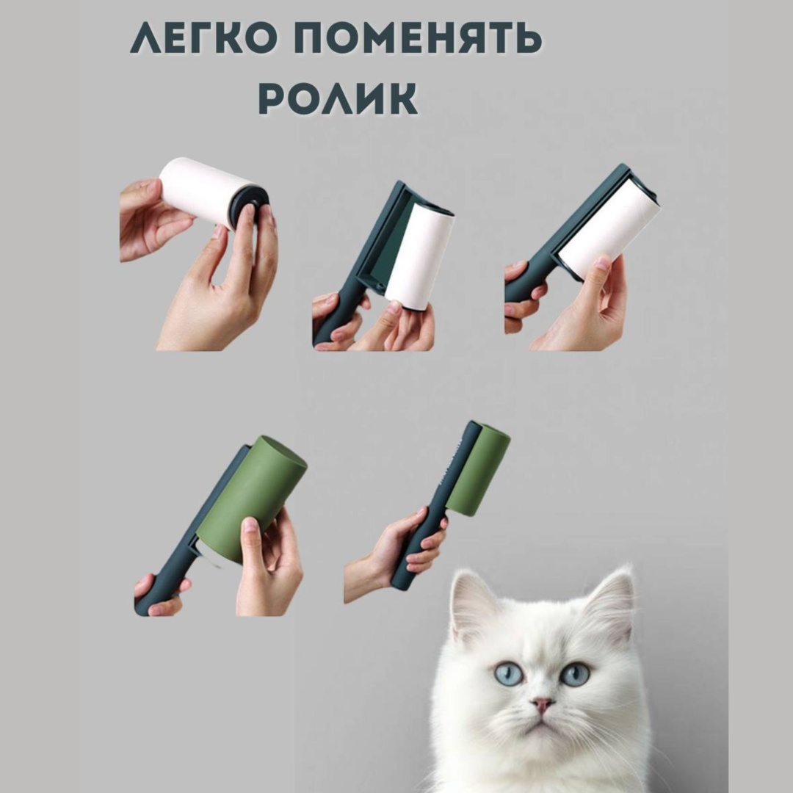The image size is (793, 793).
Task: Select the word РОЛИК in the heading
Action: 338,98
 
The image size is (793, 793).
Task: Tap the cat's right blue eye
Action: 576,673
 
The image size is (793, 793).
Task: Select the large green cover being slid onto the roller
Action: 251,497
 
